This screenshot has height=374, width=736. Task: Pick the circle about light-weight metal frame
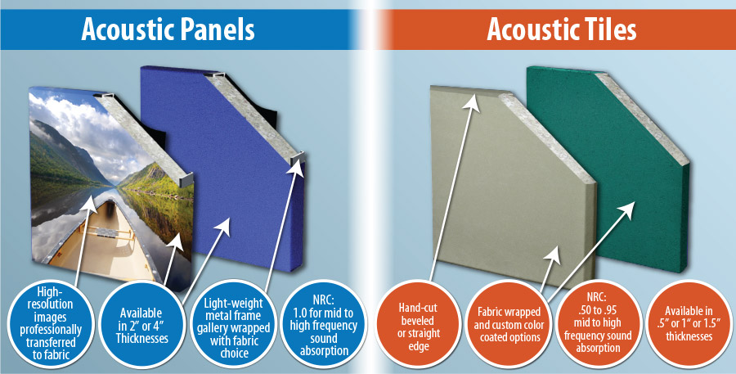coord(233,320)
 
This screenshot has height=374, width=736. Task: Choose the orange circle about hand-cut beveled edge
coord(418,320)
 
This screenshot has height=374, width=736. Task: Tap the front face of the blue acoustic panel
coord(221,164)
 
